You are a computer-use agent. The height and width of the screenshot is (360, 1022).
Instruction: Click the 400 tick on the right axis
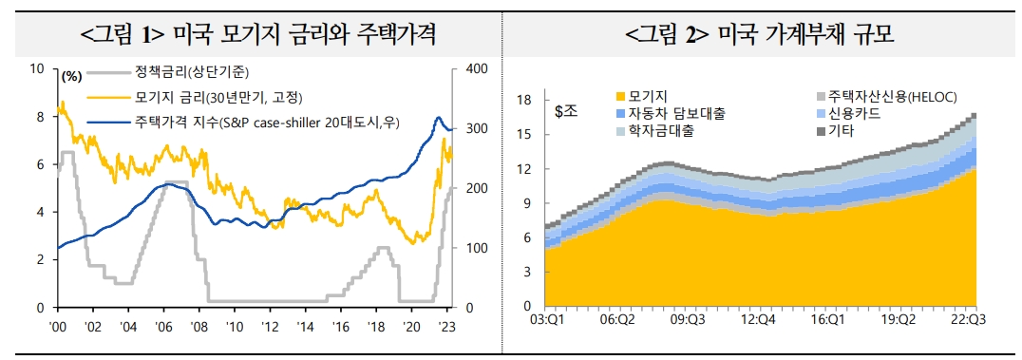475,68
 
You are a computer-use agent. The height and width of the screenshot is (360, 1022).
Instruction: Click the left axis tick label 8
38,117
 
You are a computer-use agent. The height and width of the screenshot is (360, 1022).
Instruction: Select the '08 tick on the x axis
198,325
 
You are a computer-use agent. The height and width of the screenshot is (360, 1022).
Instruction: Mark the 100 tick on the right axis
475,248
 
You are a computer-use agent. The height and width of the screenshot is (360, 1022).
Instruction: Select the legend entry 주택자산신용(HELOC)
891,96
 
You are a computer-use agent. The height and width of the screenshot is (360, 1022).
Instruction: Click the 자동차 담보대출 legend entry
676,113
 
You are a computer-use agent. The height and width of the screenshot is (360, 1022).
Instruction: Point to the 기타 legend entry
841,130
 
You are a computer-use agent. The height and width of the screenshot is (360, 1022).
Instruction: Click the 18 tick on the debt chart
523,100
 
